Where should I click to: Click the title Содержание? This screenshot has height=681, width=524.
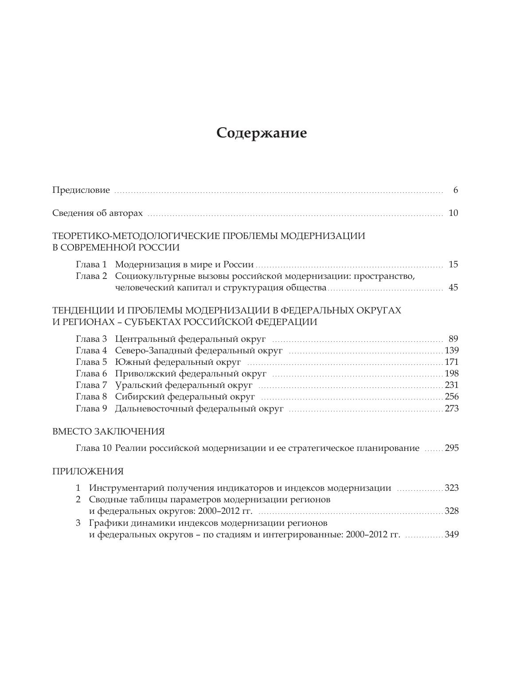click(x=262, y=133)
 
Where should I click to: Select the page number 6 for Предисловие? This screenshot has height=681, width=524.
click(x=455, y=190)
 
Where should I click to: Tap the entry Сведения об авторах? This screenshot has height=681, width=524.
click(x=98, y=213)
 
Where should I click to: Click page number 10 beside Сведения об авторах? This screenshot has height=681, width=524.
click(x=453, y=213)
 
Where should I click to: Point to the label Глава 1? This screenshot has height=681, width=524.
click(x=91, y=265)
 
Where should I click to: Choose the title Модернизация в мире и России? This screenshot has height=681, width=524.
click(x=184, y=265)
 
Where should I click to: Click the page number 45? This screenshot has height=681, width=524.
click(x=453, y=288)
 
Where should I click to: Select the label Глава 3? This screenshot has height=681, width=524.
click(x=91, y=339)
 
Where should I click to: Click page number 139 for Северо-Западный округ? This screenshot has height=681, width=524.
click(x=451, y=351)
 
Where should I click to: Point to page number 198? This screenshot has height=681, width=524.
click(x=451, y=374)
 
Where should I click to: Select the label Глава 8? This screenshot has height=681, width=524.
click(x=91, y=397)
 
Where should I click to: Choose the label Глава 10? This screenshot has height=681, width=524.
click(x=94, y=448)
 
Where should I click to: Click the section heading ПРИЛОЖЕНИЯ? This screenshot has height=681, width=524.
click(x=88, y=471)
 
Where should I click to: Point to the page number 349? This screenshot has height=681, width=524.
click(x=451, y=534)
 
